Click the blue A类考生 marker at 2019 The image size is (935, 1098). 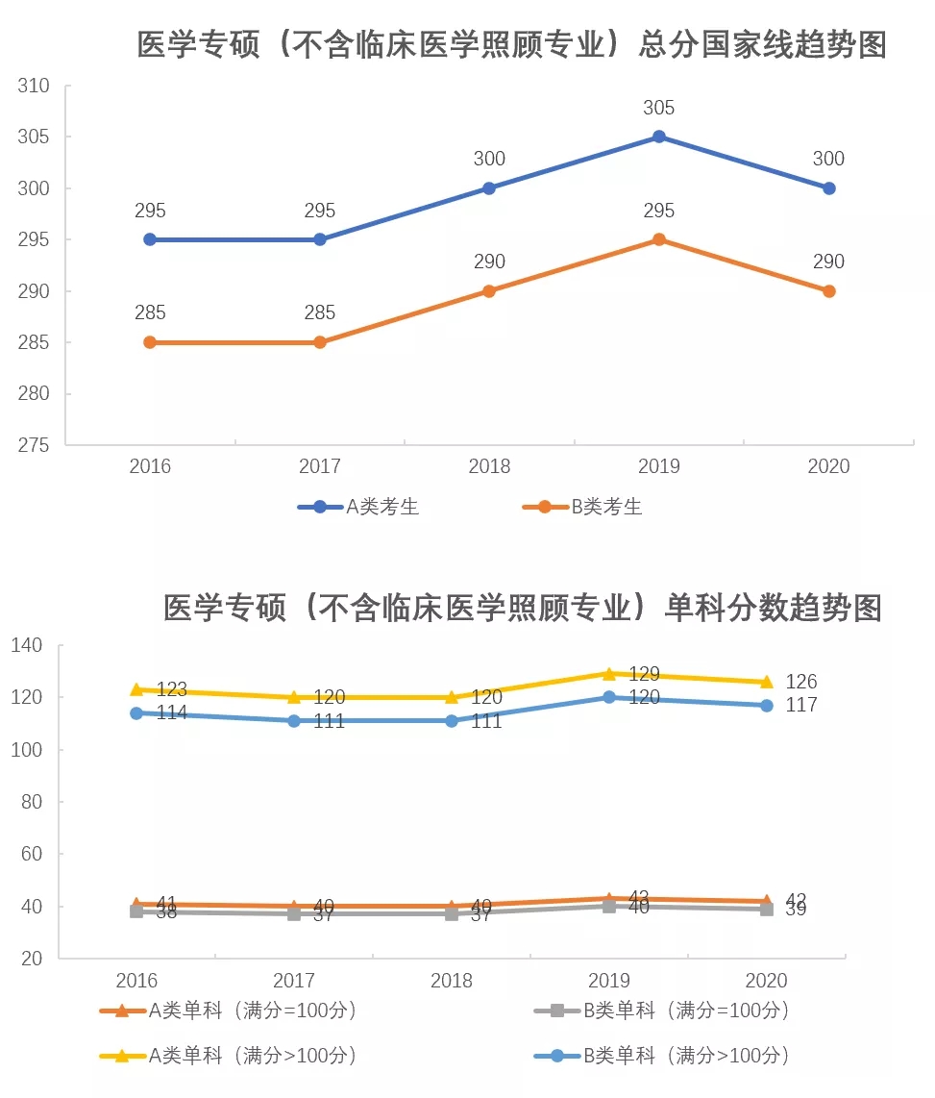pyautogui.click(x=659, y=137)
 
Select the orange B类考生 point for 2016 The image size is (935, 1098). pyautogui.click(x=150, y=342)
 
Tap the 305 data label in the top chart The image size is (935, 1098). pyautogui.click(x=659, y=108)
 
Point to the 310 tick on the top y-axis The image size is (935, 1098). pyautogui.click(x=34, y=86)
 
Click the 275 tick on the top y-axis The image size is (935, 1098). pyautogui.click(x=34, y=445)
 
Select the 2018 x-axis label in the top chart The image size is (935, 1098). pyautogui.click(x=489, y=467)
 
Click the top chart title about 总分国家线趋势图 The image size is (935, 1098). pyautogui.click(x=511, y=45)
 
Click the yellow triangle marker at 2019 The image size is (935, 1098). pyautogui.click(x=609, y=673)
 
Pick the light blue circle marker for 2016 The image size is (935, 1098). pyautogui.click(x=136, y=712)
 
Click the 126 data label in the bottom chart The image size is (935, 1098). pyautogui.click(x=801, y=682)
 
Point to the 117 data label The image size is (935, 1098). pyautogui.click(x=801, y=705)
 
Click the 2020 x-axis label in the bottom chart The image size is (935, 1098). pyautogui.click(x=767, y=981)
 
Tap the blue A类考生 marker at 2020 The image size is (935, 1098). pyautogui.click(x=829, y=188)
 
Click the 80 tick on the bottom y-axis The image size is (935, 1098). pyautogui.click(x=34, y=802)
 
